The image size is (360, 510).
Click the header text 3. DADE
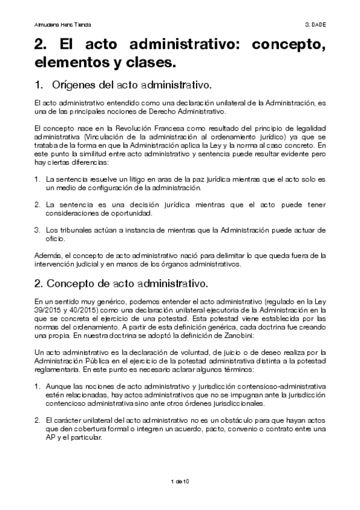[x=315, y=25]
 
